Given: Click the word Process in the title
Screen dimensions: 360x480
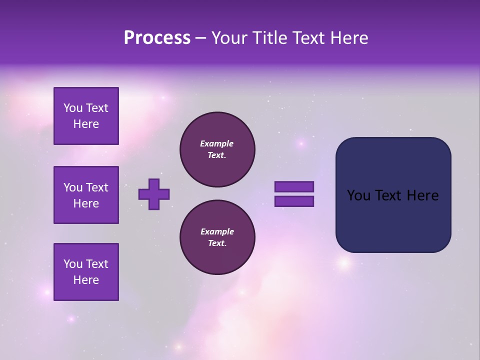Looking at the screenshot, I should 157,38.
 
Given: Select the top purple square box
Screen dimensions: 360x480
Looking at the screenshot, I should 86,116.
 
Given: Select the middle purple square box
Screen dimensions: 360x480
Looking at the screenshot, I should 86,195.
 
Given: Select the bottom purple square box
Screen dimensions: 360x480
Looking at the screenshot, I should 86,272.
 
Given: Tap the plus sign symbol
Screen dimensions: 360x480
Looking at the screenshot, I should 154,194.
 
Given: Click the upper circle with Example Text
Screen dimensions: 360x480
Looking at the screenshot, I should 217,149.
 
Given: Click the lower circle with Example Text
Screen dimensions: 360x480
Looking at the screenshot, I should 217,237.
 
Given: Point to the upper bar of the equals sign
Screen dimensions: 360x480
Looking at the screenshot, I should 294,187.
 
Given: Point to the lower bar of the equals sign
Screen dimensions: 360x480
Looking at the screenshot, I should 294,201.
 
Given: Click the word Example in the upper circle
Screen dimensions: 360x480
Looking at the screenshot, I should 217,143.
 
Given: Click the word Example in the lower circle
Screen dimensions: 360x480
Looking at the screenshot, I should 217,231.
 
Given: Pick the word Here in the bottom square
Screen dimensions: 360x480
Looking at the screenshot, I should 86,280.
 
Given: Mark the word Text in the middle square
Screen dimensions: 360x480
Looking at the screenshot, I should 96,187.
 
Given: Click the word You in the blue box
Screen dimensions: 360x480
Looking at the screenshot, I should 358,195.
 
